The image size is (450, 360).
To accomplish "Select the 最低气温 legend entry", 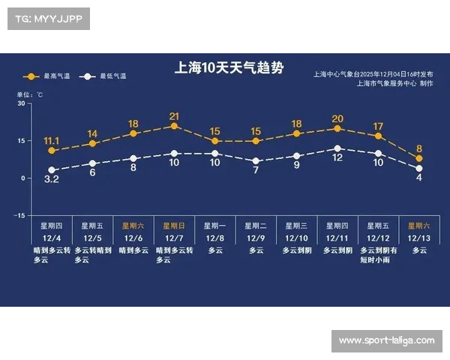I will coord(109,76).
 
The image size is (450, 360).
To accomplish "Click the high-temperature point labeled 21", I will coord(174,126).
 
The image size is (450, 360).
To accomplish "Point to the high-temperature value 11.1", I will coord(52,140).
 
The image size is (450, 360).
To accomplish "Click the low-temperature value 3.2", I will coord(52,180).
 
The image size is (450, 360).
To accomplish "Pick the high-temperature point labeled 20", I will coord(337,128).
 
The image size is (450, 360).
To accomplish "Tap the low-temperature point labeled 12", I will coord(337,148).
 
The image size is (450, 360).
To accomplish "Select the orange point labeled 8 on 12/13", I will coord(419,158).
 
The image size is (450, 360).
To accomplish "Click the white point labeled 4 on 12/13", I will coord(419,169).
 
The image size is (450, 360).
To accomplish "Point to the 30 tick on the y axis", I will coord(21,103).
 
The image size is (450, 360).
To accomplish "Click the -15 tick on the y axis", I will coord(19,215).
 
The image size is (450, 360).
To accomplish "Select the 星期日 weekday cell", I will coord(174,225).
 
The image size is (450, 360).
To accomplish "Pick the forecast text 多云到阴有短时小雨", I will coord(378,255).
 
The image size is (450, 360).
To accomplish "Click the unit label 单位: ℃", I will coord(30,94).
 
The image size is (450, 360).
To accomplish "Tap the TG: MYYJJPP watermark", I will coord(47,17).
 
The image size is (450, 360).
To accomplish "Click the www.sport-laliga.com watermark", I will coord(386,341).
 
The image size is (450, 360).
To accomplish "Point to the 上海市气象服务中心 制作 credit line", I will coord(394,83).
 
